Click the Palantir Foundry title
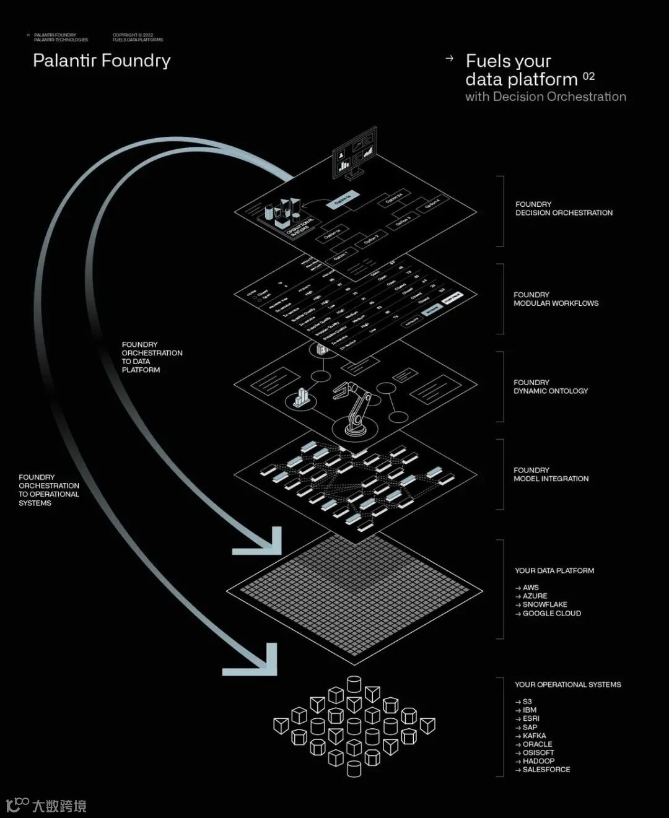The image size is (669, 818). coord(102,61)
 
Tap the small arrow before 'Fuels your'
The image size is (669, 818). coord(450,58)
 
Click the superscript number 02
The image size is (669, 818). coord(588,76)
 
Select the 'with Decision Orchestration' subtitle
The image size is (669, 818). coord(545,97)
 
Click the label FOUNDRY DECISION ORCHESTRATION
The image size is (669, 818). coord(563,208)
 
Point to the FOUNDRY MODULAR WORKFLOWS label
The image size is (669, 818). coord(556,299)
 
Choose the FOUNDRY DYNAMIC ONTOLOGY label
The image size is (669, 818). coord(550,386)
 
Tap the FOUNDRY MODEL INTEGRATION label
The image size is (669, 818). coord(551,474)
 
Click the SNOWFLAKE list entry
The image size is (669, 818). coord(544,604)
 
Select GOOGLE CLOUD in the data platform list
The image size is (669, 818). coord(551,613)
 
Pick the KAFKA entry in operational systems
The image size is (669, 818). coord(534,736)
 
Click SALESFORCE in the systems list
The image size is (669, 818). coord(546,769)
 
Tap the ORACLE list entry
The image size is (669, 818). coord(537,744)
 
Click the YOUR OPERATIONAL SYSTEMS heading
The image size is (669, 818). coord(567,684)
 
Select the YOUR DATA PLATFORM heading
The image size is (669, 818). coord(554,570)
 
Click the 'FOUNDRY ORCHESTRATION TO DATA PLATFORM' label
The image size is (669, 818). coord(151,357)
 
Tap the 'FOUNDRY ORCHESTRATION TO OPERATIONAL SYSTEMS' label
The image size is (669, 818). coord(48,490)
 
